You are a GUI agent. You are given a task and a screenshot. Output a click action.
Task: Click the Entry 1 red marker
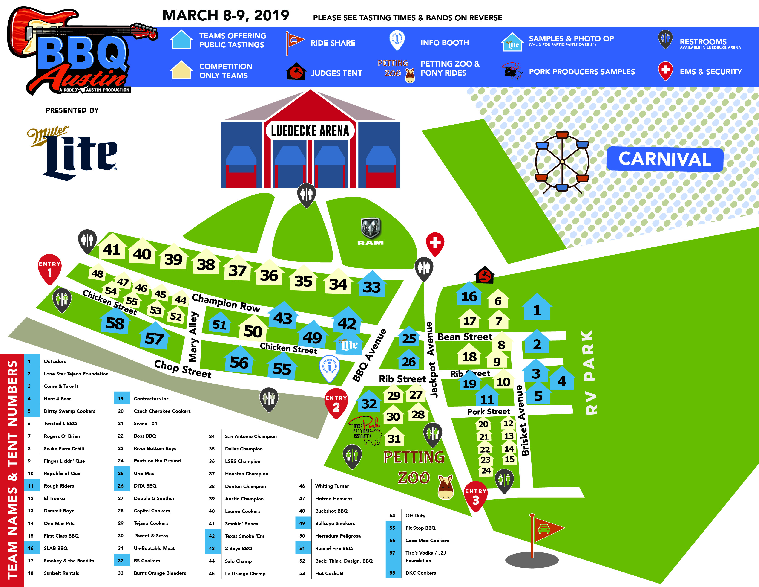(x=49, y=268)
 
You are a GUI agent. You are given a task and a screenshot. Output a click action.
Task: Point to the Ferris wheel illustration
(x=562, y=162)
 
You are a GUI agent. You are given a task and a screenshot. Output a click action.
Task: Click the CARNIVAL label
(x=664, y=159)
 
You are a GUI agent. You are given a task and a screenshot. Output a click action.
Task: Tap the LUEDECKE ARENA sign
(x=310, y=131)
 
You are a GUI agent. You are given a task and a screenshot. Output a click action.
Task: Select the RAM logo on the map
(x=371, y=231)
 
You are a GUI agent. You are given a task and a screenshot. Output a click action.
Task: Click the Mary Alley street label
(x=193, y=337)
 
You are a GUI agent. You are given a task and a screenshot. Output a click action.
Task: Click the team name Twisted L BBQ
(x=60, y=424)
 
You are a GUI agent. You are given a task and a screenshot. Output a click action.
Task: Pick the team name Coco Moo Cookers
(x=427, y=541)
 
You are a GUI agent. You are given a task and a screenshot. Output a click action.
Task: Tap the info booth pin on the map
(x=329, y=367)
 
